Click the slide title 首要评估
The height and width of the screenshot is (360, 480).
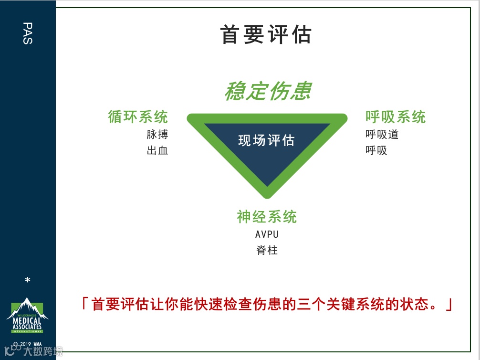click(x=266, y=35)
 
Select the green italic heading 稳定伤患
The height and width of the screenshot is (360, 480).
click(x=268, y=91)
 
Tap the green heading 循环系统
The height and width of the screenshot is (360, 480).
click(x=138, y=117)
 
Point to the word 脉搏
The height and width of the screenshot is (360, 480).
click(x=157, y=135)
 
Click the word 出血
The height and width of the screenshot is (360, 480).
click(x=157, y=151)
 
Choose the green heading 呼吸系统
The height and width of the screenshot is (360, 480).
click(x=396, y=117)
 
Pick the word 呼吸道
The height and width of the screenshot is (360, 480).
click(x=382, y=135)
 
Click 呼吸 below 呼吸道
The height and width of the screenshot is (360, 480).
click(x=376, y=151)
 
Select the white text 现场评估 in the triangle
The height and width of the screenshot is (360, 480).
click(x=267, y=140)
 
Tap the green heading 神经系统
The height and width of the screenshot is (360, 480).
click(x=267, y=217)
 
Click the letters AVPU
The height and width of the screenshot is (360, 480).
click(x=267, y=234)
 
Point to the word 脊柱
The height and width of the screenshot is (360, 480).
click(x=267, y=250)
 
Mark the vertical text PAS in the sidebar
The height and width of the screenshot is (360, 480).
click(x=27, y=33)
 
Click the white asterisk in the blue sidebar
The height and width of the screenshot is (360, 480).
click(x=28, y=280)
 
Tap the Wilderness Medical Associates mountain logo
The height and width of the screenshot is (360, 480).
click(x=27, y=316)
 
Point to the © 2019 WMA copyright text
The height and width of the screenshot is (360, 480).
click(x=27, y=344)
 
